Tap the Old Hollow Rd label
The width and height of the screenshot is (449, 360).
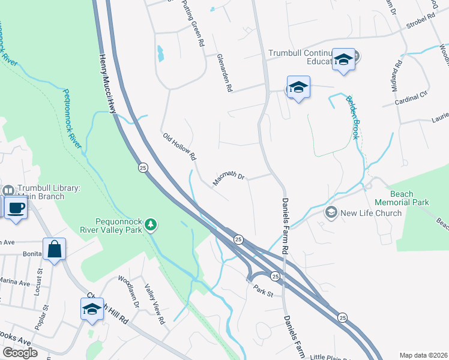coord(179,146)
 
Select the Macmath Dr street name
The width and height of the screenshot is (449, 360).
coord(229,178)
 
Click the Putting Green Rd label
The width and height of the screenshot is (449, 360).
coord(194,24)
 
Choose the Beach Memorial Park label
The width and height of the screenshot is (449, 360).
coord(409,198)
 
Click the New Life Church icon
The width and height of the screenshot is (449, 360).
coord(331,212)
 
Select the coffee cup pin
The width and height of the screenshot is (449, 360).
coord(16,208)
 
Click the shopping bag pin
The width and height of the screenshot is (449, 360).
coord(54,250)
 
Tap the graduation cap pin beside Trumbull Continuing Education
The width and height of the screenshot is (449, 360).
coord(343,59)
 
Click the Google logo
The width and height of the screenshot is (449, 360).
coord(20,353)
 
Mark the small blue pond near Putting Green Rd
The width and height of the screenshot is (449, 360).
coord(160,55)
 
